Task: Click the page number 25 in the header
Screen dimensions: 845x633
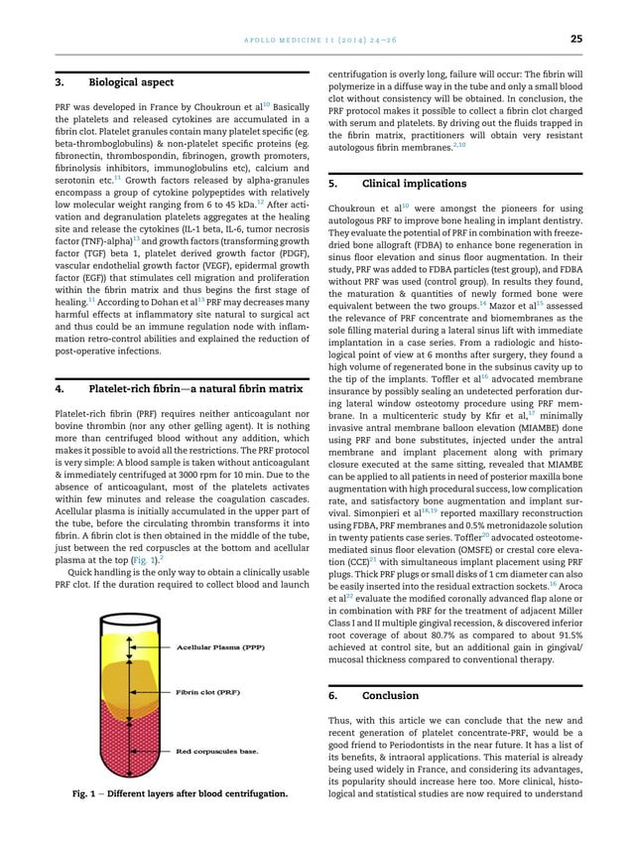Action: [574, 39]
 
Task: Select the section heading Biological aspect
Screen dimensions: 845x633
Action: [132, 82]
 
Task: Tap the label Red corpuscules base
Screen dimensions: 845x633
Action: [217, 751]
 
